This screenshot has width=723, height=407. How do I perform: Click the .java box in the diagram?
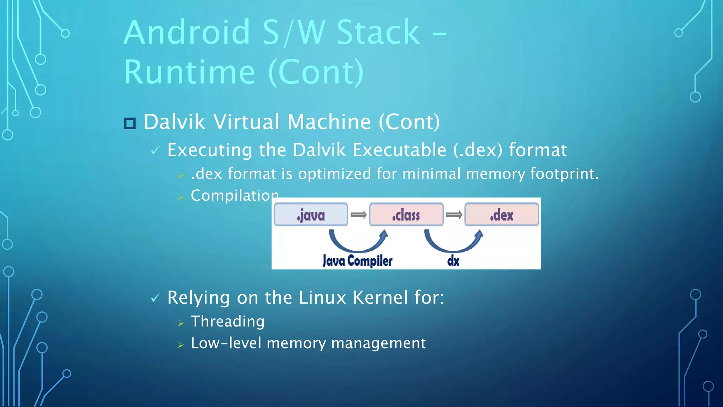(311, 214)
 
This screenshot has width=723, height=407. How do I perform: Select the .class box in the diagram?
(406, 214)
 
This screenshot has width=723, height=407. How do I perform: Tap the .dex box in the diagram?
(501, 214)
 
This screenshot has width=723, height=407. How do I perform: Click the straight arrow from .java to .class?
(358, 215)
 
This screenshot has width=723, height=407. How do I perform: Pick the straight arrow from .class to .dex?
(454, 215)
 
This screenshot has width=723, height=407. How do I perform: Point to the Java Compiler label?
(357, 261)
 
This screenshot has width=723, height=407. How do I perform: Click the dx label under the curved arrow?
(453, 261)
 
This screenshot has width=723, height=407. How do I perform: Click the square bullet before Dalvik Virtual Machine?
(130, 123)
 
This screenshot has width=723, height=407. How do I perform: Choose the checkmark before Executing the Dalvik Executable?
(155, 151)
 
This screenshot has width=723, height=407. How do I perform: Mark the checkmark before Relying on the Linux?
(155, 298)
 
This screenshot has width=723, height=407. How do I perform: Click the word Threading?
(228, 322)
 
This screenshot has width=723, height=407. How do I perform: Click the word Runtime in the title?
(190, 72)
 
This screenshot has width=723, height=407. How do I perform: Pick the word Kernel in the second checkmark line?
(381, 297)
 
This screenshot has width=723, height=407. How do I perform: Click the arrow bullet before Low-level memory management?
(181, 344)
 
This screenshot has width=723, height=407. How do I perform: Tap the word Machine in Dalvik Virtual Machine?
(329, 122)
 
